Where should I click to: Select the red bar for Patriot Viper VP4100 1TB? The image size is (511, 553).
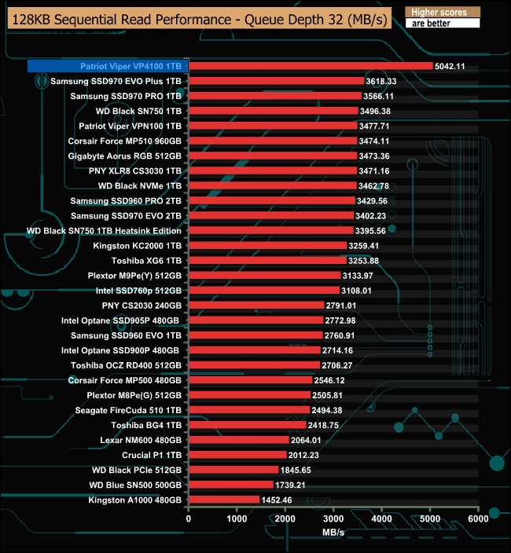click(311, 66)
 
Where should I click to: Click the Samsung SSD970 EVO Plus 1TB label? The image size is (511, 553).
click(116, 81)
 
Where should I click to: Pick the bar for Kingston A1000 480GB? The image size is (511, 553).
click(224, 500)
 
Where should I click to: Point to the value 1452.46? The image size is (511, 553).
click(276, 500)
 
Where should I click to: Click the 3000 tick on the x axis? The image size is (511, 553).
click(333, 518)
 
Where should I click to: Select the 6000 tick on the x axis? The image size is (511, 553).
click(478, 518)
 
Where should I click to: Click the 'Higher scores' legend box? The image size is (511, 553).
click(441, 13)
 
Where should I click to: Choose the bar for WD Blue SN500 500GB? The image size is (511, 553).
click(231, 485)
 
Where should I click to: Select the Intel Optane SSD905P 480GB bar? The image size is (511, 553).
click(256, 320)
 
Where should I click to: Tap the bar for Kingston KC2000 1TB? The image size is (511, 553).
click(267, 246)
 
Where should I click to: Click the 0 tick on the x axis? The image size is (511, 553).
click(189, 518)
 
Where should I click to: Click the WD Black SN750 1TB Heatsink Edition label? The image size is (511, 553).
click(105, 231)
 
